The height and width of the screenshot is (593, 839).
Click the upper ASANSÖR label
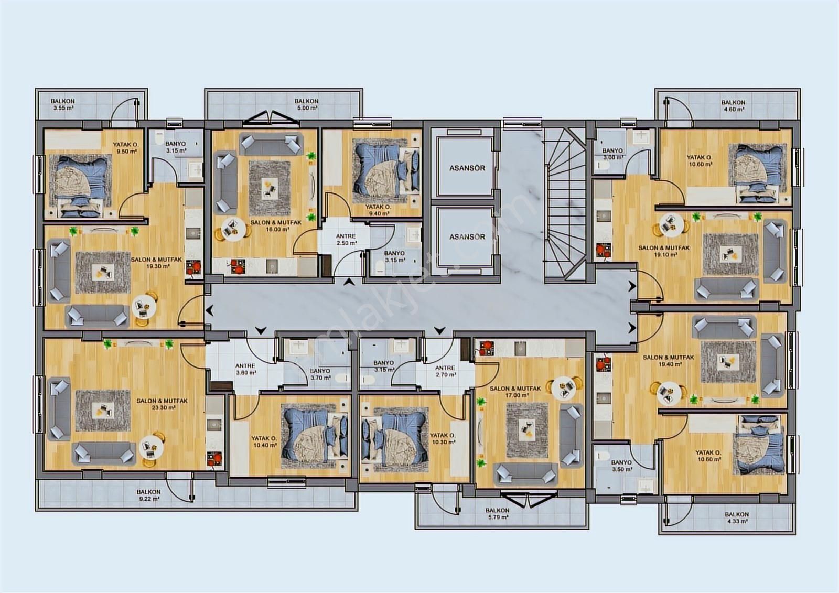click(467, 168)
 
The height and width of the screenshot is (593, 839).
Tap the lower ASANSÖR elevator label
click(467, 237)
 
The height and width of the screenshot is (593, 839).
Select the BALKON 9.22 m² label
click(149, 495)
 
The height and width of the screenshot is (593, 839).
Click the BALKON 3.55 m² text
click(63, 104)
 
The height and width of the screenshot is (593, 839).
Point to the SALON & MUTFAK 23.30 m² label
click(162, 404)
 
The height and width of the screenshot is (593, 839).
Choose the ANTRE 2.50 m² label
click(346, 240)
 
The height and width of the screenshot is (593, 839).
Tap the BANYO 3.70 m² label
click(320, 374)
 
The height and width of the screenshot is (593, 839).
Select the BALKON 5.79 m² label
click(498, 514)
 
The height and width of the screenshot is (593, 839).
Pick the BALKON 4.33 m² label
click(737, 517)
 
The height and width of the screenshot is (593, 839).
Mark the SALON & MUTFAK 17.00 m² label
click(515, 392)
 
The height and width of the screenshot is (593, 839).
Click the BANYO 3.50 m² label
click(622, 466)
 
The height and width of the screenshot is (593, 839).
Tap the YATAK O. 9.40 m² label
click(378, 210)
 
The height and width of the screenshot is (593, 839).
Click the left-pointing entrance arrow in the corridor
click(209, 310)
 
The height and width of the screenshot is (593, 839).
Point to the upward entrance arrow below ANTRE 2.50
click(349, 282)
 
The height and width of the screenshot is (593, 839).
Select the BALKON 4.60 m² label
click(733, 105)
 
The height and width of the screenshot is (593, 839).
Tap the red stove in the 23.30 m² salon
click(215, 459)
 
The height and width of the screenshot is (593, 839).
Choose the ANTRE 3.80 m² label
click(245, 369)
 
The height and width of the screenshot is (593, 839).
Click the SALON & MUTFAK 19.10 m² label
click(659, 251)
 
